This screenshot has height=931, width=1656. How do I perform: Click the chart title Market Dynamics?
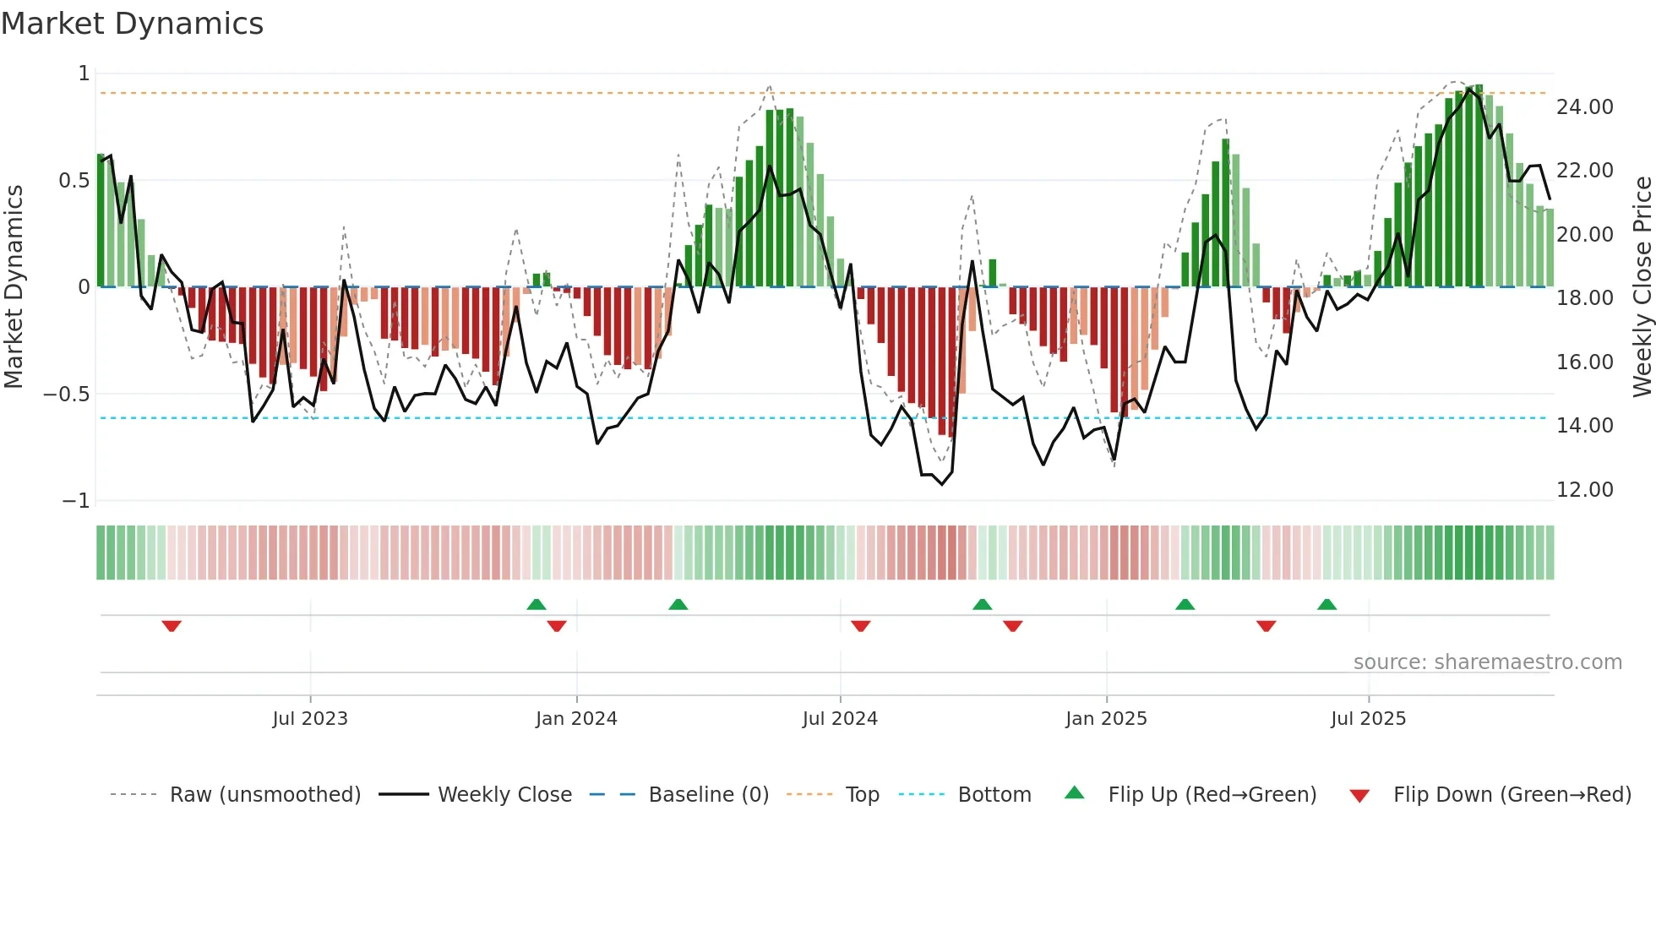[x=132, y=24]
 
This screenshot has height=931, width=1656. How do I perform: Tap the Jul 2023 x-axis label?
[x=309, y=719]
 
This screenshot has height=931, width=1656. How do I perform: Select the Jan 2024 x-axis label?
[x=576, y=719]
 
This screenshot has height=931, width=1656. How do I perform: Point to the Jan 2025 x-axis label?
[x=1106, y=719]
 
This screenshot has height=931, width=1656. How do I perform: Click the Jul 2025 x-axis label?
[x=1368, y=719]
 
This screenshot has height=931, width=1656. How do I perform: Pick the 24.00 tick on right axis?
[x=1584, y=107]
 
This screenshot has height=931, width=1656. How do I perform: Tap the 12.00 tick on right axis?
[x=1584, y=490]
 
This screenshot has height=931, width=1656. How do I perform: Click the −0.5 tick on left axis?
[x=66, y=395]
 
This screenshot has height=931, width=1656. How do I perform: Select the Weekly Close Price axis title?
[x=1642, y=287]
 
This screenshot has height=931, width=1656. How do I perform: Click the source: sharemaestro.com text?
[x=1487, y=662]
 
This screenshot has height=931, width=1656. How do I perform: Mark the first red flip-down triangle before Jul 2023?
[x=172, y=626]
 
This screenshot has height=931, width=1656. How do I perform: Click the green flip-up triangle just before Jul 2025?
[x=1326, y=604]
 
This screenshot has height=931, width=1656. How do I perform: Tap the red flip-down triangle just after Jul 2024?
[x=860, y=626]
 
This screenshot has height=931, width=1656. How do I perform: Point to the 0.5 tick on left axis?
[x=74, y=181]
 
